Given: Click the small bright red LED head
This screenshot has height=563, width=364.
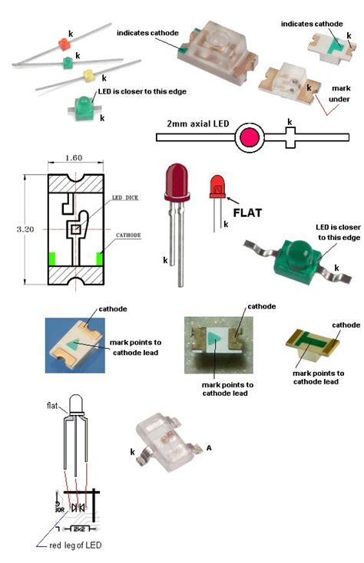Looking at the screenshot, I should click(x=217, y=185).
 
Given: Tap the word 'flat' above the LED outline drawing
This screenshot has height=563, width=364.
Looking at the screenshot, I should click(x=53, y=406).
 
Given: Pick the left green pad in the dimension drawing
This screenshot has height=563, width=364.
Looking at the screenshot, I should click(x=51, y=259).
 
